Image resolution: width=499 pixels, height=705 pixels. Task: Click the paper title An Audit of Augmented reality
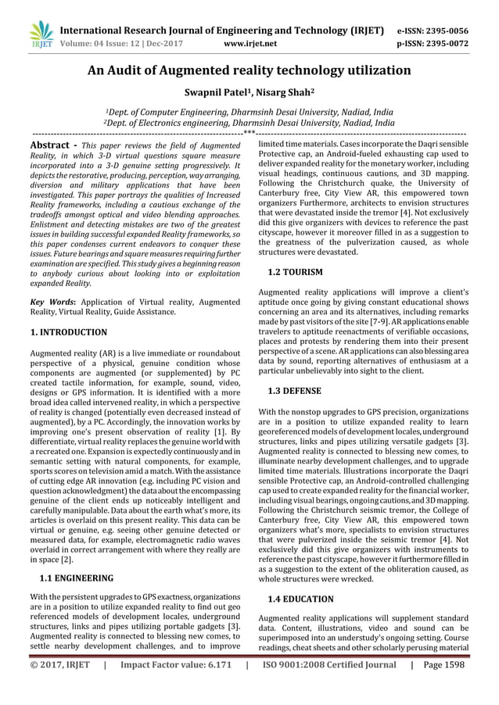pos(249,71)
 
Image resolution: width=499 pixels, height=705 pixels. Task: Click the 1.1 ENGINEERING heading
pos(76,579)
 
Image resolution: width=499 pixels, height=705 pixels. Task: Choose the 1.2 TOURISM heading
pos(295,272)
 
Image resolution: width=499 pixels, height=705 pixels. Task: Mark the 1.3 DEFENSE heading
pos(295,388)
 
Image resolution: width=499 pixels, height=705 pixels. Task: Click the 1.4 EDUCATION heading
pos(300,599)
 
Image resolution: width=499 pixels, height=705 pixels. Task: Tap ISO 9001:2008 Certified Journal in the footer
pos(328,665)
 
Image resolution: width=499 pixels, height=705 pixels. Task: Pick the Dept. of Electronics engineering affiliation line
pos(249,123)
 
